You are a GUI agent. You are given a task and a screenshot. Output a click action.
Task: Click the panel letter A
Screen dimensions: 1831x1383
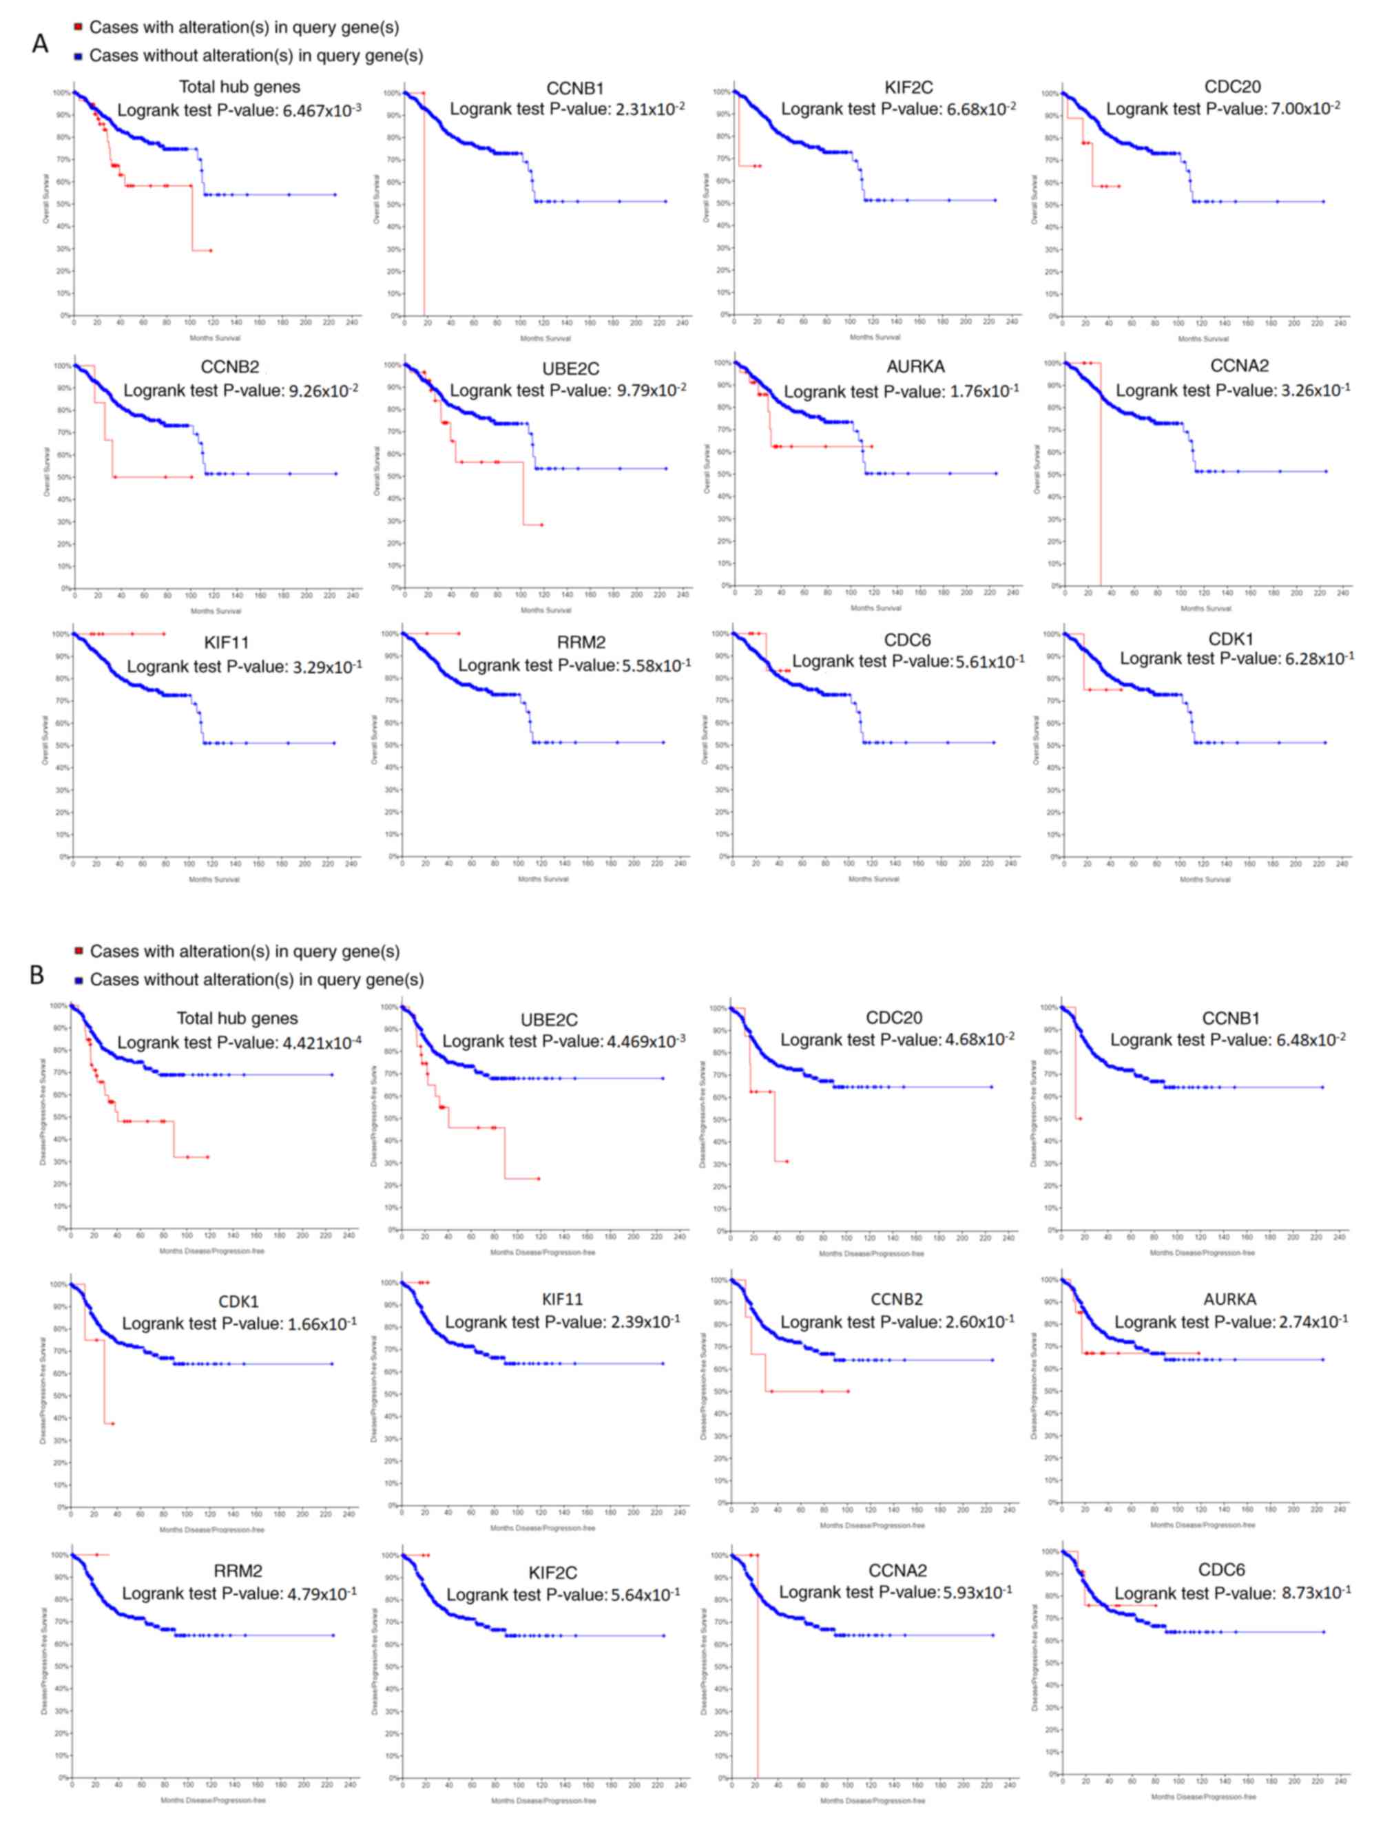pyautogui.click(x=39, y=43)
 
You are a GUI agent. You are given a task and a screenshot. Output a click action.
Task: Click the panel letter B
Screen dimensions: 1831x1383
pyautogui.click(x=37, y=974)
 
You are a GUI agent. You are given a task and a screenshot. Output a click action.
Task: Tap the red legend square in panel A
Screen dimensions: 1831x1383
pyautogui.click(x=78, y=28)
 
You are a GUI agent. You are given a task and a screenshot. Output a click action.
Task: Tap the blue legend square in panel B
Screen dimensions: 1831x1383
pyautogui.click(x=78, y=980)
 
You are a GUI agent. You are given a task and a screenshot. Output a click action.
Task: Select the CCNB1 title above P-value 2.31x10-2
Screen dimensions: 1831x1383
pyautogui.click(x=574, y=87)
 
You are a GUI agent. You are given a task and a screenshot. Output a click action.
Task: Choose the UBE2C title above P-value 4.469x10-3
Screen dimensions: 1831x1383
pyautogui.click(x=549, y=1020)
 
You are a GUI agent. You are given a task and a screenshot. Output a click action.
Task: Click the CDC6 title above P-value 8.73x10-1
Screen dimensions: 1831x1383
pyautogui.click(x=1222, y=1570)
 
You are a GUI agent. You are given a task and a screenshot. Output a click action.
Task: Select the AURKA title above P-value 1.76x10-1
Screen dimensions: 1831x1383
pyautogui.click(x=915, y=367)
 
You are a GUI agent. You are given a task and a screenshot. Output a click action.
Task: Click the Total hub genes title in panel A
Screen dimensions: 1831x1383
pyautogui.click(x=239, y=87)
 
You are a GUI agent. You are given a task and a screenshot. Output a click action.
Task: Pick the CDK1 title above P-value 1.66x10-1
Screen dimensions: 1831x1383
pyautogui.click(x=238, y=1301)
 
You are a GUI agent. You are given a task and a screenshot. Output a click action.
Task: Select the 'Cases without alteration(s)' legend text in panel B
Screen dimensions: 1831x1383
pyautogui.click(x=257, y=980)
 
